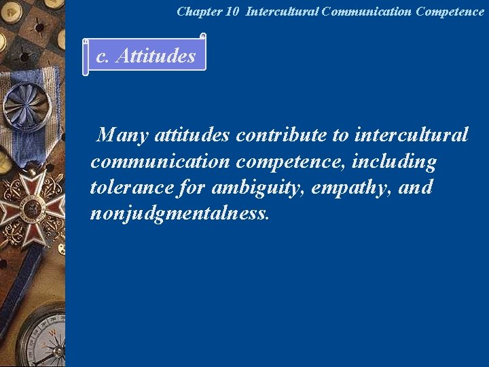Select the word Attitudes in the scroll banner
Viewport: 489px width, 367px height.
pyautogui.click(x=156, y=56)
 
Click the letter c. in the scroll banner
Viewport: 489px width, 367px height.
pyautogui.click(x=103, y=56)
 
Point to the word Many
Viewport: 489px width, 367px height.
pyautogui.click(x=123, y=136)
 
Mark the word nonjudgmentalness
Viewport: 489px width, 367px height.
pyautogui.click(x=180, y=213)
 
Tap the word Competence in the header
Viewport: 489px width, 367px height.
pyautogui.click(x=449, y=12)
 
